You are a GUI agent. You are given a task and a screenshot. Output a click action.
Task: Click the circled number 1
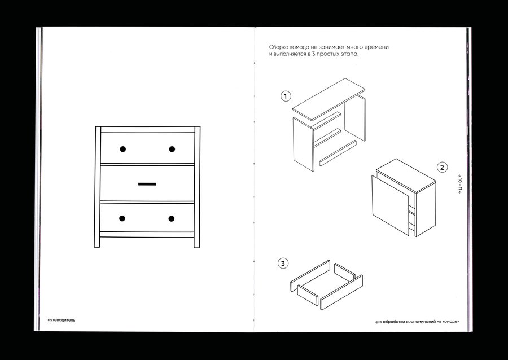[x=286, y=96]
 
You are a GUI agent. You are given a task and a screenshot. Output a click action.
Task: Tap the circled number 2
[x=442, y=168]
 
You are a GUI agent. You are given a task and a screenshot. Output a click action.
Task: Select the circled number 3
[x=283, y=263]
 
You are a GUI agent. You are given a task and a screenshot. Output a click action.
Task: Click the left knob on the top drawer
[x=123, y=149]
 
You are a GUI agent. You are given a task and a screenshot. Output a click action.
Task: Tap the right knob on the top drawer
[x=172, y=149]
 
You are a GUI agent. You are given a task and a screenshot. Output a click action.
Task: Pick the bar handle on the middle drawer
[x=147, y=184]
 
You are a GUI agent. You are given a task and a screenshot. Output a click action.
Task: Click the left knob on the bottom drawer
[x=122, y=218]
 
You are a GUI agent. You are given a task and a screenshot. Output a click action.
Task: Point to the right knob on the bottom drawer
[x=172, y=218]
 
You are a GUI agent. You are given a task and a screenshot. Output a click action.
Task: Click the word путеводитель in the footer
[x=61, y=320]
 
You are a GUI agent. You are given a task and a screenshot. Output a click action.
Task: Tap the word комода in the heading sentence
[x=297, y=47]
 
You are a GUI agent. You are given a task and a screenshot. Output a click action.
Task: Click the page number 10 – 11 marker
[x=459, y=184]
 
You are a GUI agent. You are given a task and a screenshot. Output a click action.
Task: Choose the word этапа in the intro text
[x=349, y=54]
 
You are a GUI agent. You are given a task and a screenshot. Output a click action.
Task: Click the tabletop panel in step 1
[x=329, y=99]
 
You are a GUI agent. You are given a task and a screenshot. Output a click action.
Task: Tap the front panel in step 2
[x=391, y=205]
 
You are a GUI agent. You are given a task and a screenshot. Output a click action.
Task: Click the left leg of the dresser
[x=97, y=187]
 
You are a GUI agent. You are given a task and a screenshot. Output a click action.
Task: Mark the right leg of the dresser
[x=197, y=187]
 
